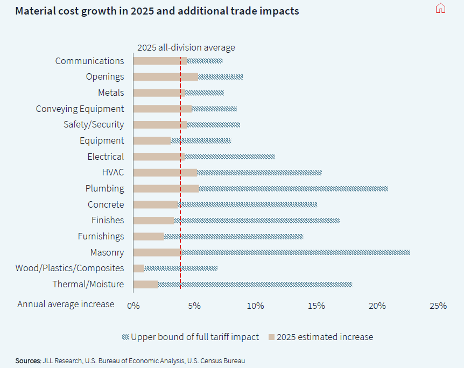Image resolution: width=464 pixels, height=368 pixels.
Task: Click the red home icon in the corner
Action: coord(440,8)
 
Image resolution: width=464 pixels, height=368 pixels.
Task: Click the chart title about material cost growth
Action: coord(157,11)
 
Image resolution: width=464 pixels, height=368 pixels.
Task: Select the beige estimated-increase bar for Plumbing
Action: coord(166,189)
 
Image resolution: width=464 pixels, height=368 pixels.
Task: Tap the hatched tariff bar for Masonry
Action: coord(296,252)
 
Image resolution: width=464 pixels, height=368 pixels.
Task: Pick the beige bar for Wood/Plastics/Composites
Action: coord(138,268)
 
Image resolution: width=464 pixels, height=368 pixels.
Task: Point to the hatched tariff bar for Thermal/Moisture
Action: coord(255,284)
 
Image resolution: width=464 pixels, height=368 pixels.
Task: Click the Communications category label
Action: coord(89,61)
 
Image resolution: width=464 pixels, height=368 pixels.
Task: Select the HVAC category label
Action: coord(113,173)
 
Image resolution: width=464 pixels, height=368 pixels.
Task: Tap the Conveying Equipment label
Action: coord(80,109)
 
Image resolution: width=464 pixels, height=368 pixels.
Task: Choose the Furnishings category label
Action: coord(101,236)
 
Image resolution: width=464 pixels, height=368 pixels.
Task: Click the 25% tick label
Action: coord(438,306)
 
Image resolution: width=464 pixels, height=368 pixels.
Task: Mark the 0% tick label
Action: coord(133,306)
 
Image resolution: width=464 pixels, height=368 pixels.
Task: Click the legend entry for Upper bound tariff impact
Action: coord(191,337)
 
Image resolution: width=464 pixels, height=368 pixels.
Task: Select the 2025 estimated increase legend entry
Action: coord(321,337)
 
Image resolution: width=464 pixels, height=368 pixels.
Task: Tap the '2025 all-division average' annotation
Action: coord(186,47)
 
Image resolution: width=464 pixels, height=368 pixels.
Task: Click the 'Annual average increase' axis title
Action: coord(66,305)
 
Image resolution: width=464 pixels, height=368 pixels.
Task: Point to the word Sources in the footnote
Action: coord(28,360)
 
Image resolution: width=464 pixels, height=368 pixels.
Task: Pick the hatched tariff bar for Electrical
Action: coord(230,157)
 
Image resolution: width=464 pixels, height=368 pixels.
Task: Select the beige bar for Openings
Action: coord(165,77)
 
